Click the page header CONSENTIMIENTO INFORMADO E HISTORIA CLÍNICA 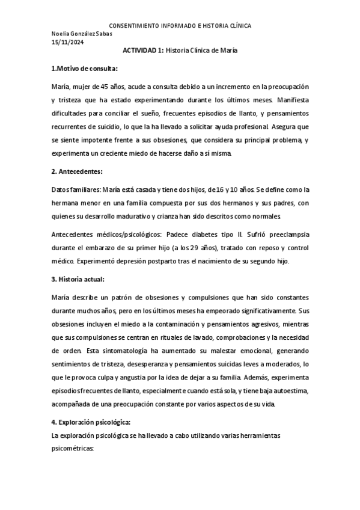pyautogui.click(x=180, y=26)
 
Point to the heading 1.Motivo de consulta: pyautogui.click(x=84, y=67)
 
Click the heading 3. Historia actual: pyautogui.click(x=79, y=279)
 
